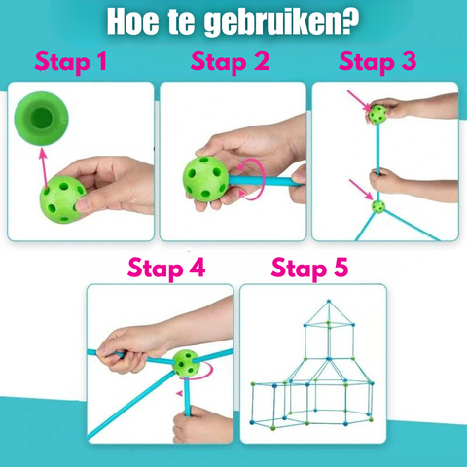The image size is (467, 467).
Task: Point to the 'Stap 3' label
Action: (x=377, y=63)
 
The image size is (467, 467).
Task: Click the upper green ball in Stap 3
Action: (x=375, y=114)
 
